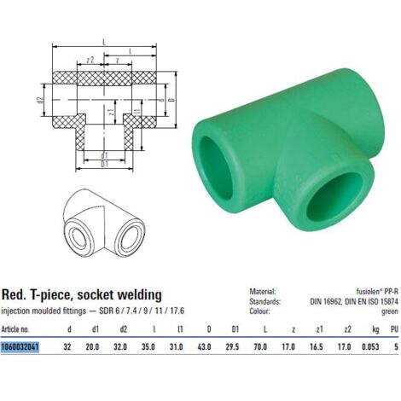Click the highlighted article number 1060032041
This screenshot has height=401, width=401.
point(20,347)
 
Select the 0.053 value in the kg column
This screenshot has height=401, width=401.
point(370,346)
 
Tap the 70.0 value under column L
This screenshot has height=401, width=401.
point(260,346)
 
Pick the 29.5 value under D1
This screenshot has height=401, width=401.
point(232,346)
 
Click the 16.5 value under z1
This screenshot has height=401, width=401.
point(316,346)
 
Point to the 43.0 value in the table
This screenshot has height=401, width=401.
point(204,346)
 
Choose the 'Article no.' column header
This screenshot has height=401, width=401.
point(15,329)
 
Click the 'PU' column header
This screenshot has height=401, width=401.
point(394,329)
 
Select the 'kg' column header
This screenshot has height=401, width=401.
point(375,330)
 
